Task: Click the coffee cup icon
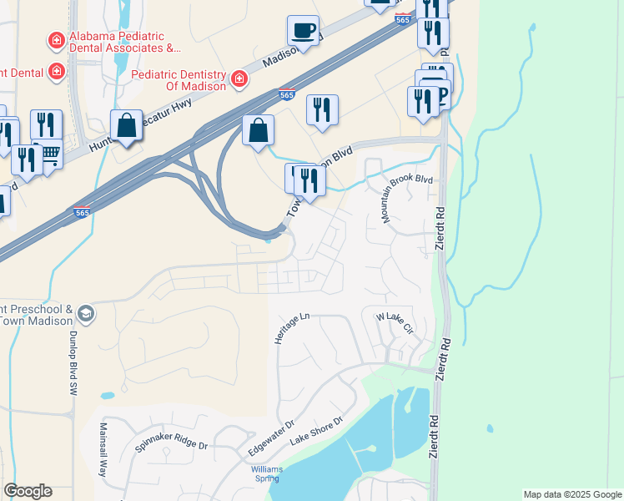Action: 303,31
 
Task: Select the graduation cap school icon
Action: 85,314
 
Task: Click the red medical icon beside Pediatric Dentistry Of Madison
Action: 239,78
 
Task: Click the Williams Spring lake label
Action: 267,474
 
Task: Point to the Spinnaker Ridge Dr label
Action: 170,443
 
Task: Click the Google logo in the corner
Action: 28,491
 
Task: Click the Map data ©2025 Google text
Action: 572,494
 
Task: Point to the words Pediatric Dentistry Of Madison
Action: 179,80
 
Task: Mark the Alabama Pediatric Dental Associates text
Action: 125,43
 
